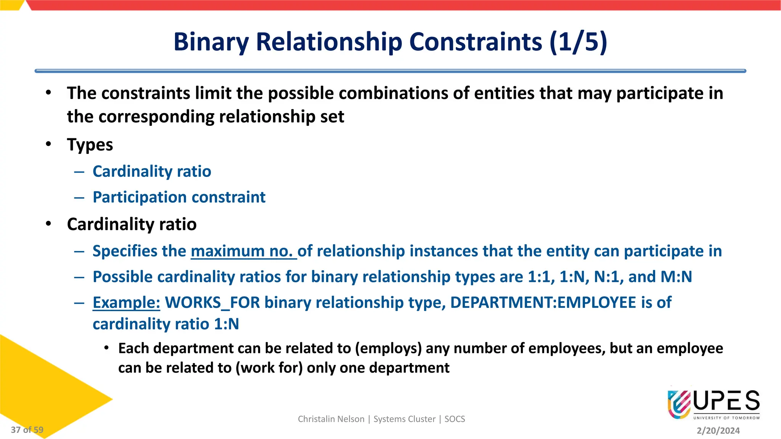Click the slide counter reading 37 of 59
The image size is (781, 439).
[x=27, y=430]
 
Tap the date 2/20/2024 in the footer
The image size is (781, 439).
[x=718, y=431]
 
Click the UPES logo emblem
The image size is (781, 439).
[x=679, y=404]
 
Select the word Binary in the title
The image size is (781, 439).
[x=211, y=42]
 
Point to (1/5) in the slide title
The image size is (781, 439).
[x=578, y=42]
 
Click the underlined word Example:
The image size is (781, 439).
[x=126, y=303]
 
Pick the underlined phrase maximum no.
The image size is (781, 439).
[x=243, y=251]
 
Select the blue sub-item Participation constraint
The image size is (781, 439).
[x=179, y=197]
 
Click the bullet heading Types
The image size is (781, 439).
[x=90, y=145]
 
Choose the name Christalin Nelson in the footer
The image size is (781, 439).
[x=331, y=419]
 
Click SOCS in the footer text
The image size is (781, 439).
[x=455, y=419]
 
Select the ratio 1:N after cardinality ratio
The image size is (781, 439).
[x=226, y=324]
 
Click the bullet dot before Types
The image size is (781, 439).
[x=48, y=144]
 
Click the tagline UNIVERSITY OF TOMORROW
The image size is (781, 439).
[x=726, y=418]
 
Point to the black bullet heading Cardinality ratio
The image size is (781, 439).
[x=132, y=224]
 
